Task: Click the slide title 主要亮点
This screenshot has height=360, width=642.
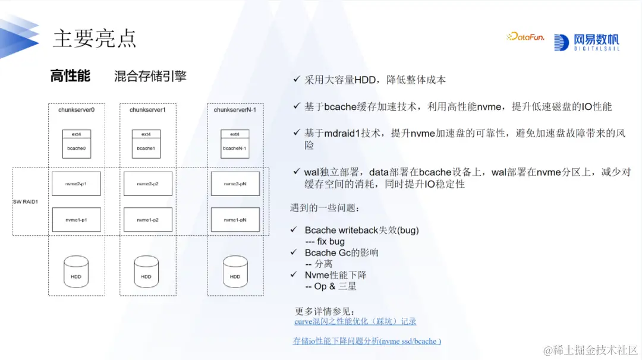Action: (95, 38)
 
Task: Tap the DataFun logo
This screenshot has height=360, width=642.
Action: (525, 37)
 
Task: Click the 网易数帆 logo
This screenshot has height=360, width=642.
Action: (586, 42)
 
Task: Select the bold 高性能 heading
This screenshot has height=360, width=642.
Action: (70, 76)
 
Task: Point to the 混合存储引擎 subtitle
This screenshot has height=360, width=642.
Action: (150, 76)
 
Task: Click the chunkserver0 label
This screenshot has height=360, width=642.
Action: (77, 110)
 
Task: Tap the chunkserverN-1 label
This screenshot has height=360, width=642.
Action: (235, 110)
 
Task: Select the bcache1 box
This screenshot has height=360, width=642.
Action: (146, 148)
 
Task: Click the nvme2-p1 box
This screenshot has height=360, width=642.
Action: (77, 184)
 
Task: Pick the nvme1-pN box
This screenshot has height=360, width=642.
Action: (235, 220)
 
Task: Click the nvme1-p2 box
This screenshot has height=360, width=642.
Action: (147, 220)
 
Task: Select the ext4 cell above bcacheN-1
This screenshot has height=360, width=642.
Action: (235, 134)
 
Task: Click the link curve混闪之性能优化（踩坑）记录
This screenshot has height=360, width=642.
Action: (355, 321)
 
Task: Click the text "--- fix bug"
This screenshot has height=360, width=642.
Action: (325, 242)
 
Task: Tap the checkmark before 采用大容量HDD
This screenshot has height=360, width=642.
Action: (297, 80)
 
